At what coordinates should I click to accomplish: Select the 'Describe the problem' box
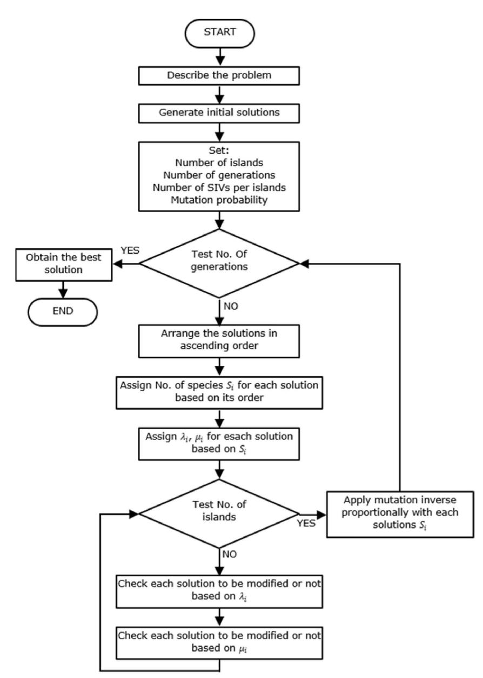pyautogui.click(x=219, y=75)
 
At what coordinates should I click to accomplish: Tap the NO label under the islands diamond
pyautogui.click(x=231, y=554)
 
